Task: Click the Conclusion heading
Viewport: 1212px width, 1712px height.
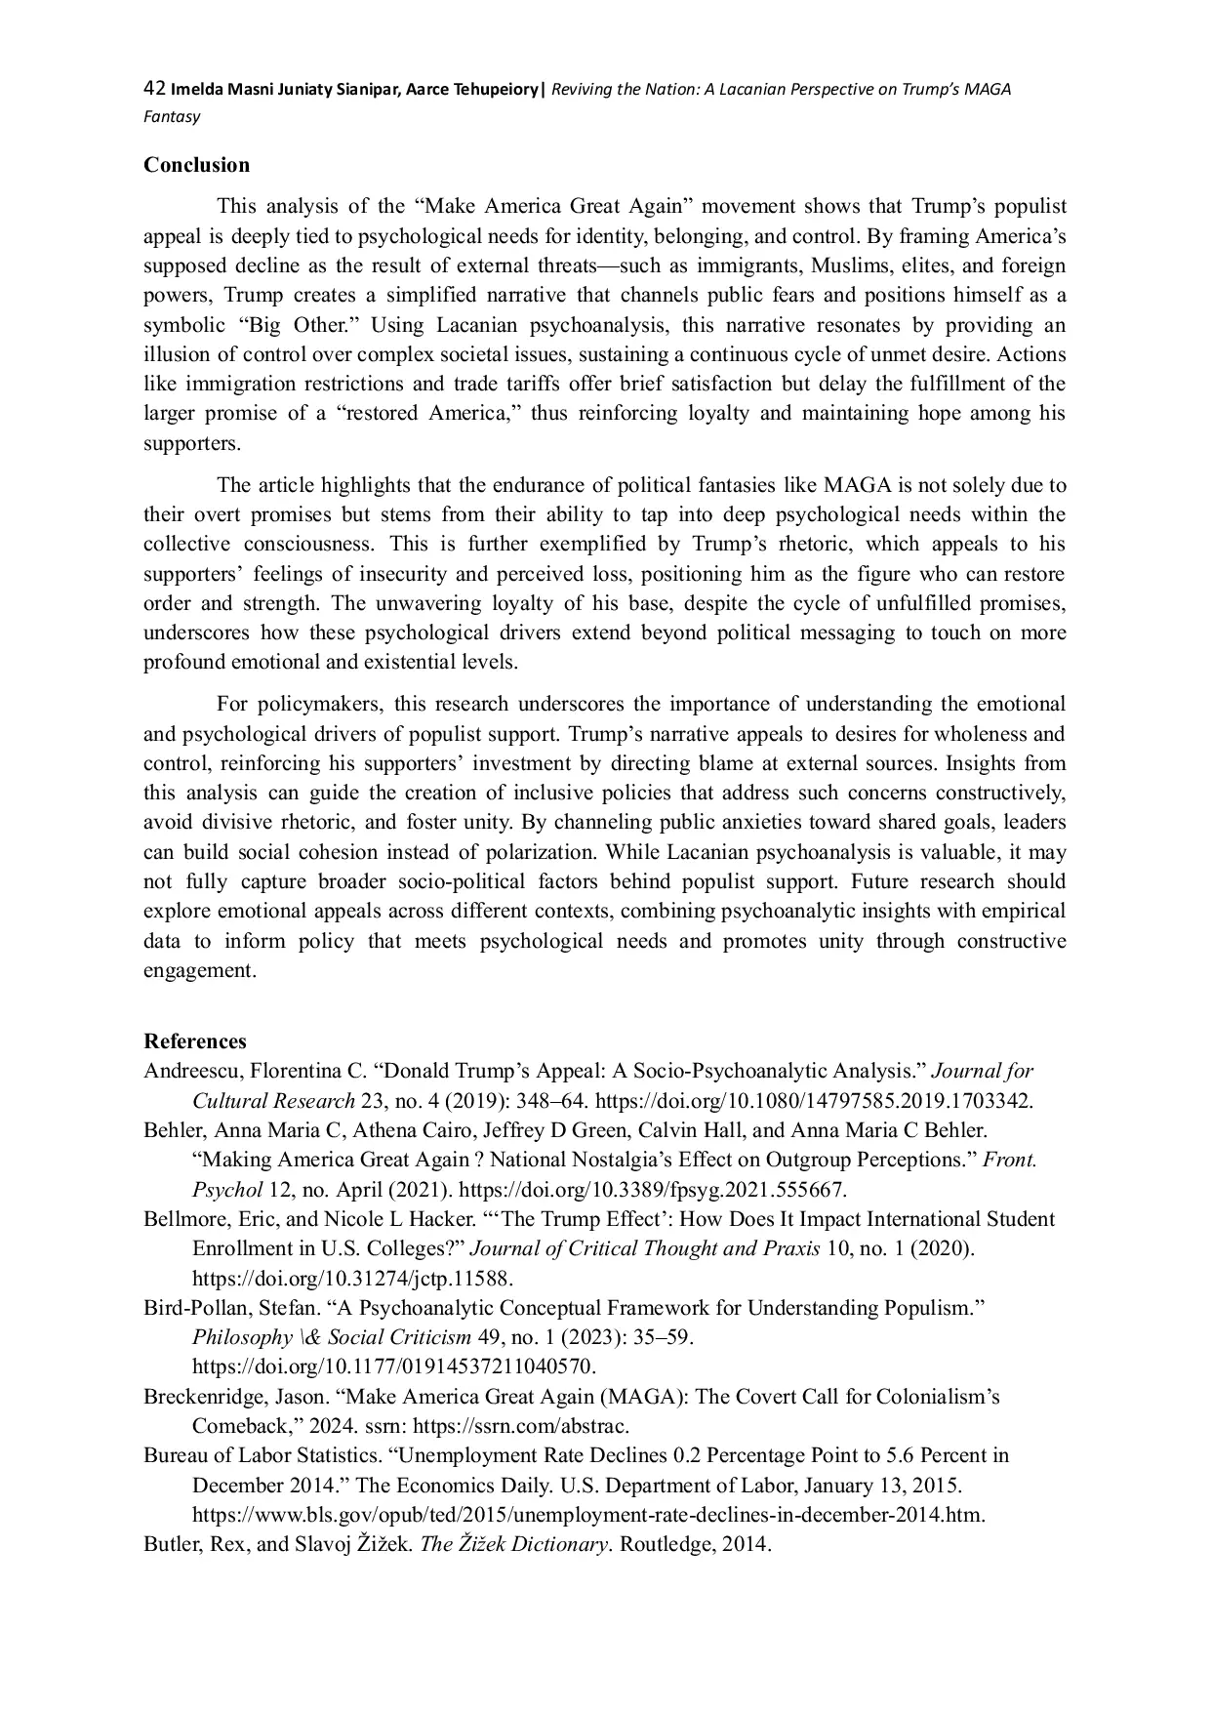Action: [x=196, y=165]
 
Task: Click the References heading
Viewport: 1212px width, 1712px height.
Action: [x=194, y=1040]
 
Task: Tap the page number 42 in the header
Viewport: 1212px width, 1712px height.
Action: [x=153, y=89]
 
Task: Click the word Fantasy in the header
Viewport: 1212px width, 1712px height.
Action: [x=172, y=117]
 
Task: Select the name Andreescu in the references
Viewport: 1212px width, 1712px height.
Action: [x=191, y=1071]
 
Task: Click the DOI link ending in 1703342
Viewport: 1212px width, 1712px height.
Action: [x=813, y=1101]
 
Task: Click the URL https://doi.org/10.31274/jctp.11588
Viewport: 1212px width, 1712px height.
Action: [x=352, y=1279]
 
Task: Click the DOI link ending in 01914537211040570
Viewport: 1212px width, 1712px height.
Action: [x=393, y=1366]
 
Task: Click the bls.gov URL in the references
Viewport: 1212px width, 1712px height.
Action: [x=588, y=1515]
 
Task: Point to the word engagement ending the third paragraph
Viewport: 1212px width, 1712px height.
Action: [x=199, y=971]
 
